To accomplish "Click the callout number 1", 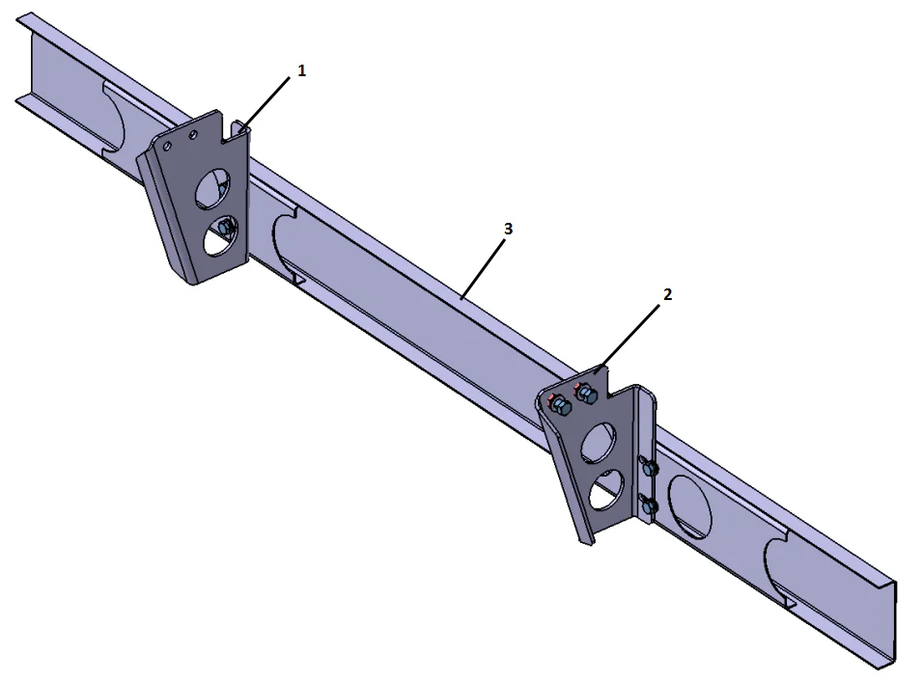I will point(301,71).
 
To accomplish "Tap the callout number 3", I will point(508,229).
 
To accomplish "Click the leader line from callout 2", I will point(633,329).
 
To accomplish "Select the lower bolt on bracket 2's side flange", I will point(651,505).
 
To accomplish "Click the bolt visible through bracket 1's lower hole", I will point(228,228).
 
